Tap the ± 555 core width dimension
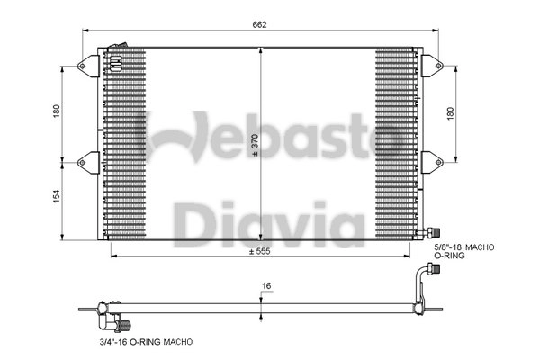click(260, 252)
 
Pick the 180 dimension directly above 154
click(57, 111)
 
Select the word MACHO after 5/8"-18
click(483, 246)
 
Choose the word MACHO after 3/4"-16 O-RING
click(176, 342)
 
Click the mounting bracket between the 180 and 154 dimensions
click(87, 161)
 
